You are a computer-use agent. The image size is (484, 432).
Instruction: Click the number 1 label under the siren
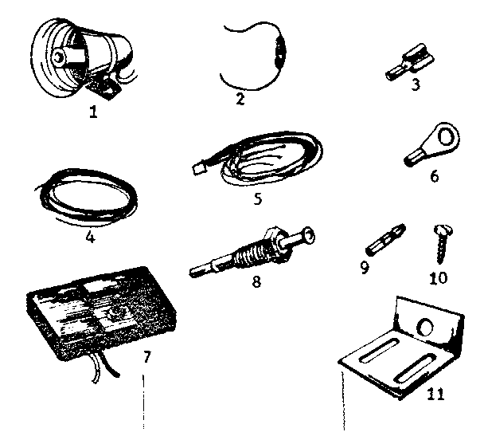93,112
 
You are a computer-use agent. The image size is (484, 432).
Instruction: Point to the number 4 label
90,237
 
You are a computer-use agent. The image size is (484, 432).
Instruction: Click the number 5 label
258,198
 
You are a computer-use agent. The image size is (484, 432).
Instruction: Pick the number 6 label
434,176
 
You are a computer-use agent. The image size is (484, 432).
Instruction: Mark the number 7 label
145,356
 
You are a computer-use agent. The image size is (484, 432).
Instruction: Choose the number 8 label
255,281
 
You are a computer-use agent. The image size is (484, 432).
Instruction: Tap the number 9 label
365,268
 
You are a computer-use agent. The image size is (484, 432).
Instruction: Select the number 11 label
435,392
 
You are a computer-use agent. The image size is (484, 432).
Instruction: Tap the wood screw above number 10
440,242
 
